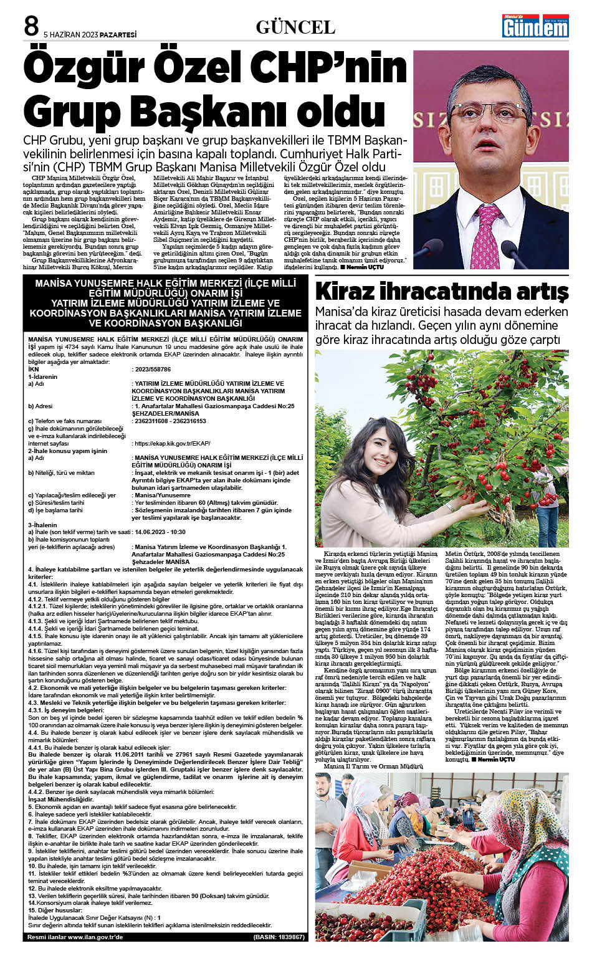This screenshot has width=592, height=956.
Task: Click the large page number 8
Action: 31,26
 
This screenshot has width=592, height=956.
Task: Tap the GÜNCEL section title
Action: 295,27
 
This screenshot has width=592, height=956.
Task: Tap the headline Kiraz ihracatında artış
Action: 441,291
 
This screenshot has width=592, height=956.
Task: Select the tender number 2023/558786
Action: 153,370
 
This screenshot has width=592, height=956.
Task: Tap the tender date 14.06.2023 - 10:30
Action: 160,532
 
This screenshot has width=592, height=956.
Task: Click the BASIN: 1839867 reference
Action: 279,937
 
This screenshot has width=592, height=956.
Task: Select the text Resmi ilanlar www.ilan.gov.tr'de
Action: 75,937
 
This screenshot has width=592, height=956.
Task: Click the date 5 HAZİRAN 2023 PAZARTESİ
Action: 90,35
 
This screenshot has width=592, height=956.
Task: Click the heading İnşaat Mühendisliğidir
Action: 60,799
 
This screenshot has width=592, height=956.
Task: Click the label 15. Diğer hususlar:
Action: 55,911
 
